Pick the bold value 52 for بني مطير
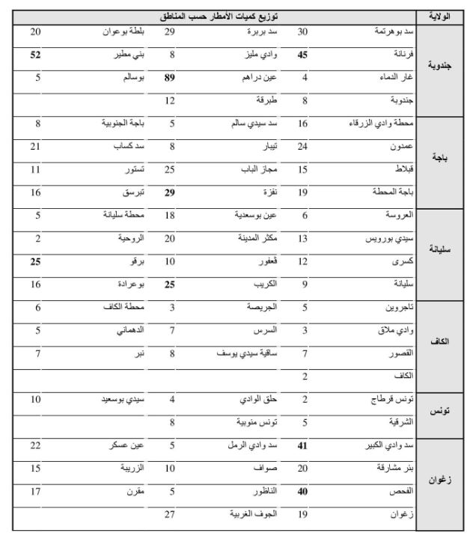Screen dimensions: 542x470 point(35,55)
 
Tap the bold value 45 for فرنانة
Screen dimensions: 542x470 point(302,55)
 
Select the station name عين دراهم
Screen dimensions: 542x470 point(263,77)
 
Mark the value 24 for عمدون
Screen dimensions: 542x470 point(302,147)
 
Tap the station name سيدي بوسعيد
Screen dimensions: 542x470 point(123,400)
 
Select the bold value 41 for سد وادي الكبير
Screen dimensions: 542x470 point(302,445)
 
